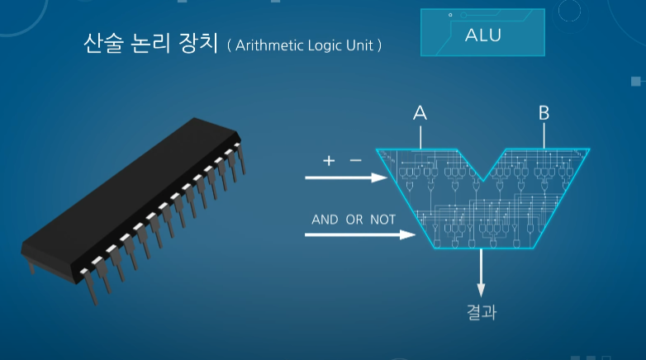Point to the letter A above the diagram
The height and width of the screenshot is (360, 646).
click(420, 113)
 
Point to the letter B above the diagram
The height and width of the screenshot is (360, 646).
click(544, 113)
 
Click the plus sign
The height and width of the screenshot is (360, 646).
click(329, 161)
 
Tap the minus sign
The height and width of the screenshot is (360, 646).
click(355, 161)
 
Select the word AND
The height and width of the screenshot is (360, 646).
click(325, 220)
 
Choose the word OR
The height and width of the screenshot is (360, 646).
click(355, 220)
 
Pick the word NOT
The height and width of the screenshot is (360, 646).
click(382, 220)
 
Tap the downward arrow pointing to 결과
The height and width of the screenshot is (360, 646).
click(482, 272)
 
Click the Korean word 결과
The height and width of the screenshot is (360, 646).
click(482, 312)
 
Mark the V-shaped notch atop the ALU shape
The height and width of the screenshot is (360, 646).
click(482, 169)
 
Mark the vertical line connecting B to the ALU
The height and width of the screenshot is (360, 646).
click(544, 136)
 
